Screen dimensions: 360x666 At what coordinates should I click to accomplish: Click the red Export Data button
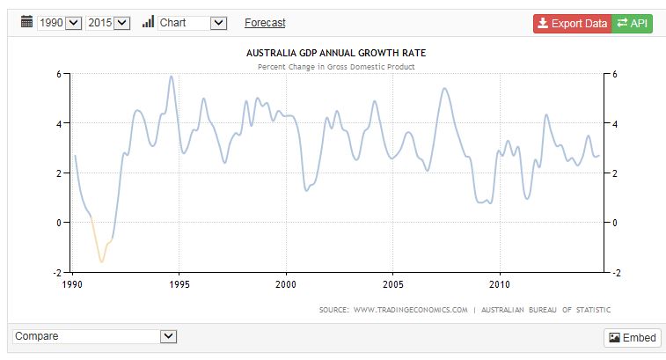point(571,23)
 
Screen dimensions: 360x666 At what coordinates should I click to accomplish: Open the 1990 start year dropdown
point(60,23)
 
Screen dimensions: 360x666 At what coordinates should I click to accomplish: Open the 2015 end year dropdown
point(108,23)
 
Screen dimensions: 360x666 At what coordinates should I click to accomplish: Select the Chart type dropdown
point(193,23)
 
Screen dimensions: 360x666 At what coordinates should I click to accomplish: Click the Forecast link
point(265,23)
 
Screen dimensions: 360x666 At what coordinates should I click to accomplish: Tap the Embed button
point(632,338)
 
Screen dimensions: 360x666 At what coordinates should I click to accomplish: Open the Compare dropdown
point(95,336)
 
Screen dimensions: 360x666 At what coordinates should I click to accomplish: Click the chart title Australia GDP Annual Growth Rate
point(336,53)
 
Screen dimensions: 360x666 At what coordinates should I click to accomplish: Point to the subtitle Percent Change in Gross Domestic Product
point(336,66)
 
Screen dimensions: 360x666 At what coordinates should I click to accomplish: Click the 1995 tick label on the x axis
point(179,285)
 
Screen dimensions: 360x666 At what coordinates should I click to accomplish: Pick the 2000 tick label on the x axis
point(286,285)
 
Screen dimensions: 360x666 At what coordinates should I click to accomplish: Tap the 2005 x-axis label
point(392,285)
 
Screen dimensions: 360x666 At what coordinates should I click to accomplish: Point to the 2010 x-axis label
point(500,285)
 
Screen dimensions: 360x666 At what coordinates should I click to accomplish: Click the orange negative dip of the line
point(101,260)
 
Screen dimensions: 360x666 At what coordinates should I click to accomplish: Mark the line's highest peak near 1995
point(171,77)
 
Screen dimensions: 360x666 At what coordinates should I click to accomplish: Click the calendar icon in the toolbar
point(26,22)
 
